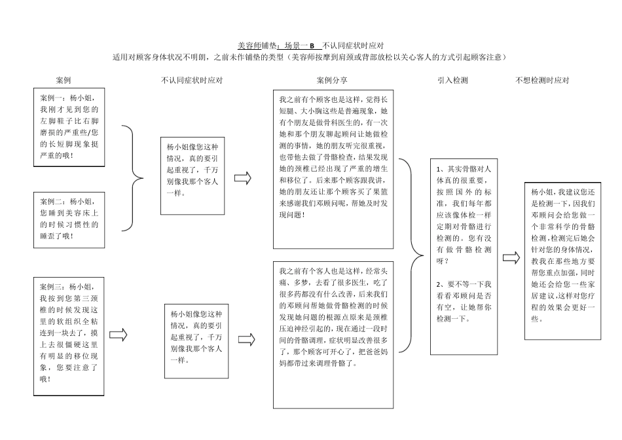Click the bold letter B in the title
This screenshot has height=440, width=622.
click(312, 46)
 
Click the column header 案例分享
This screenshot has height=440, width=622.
click(333, 81)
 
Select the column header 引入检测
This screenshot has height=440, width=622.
click(452, 81)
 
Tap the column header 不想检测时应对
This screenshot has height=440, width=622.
click(543, 81)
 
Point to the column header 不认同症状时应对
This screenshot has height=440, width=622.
click(192, 81)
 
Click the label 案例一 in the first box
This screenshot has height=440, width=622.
click(52, 97)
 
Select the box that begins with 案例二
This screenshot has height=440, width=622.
click(70, 219)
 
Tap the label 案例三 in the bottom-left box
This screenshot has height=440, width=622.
click(52, 286)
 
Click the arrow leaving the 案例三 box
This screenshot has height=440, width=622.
click(118, 335)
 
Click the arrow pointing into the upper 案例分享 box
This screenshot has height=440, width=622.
click(243, 177)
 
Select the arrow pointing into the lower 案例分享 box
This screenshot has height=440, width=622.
click(247, 339)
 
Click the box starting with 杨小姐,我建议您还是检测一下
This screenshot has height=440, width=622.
click(562, 261)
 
